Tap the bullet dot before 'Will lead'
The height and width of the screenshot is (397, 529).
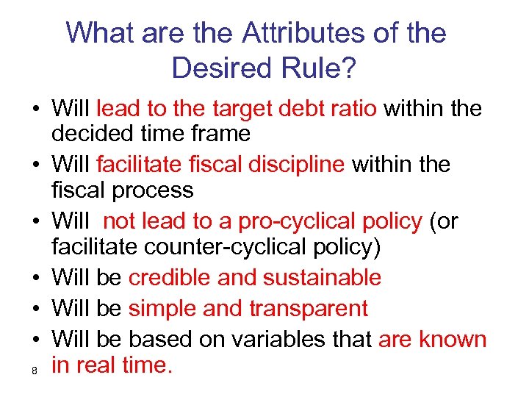tap(35, 110)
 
